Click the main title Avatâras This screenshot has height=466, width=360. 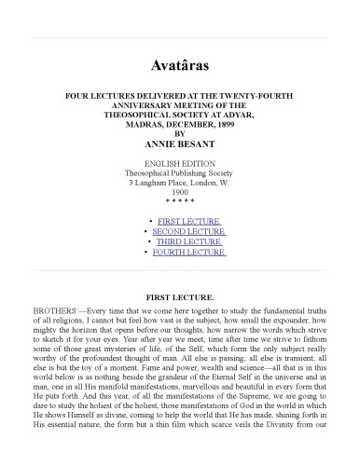tap(180, 67)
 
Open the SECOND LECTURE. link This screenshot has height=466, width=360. tap(193, 230)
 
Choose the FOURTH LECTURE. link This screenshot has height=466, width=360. tap(193, 252)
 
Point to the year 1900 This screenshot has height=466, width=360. tap(180, 191)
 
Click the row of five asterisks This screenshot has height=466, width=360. tap(180, 201)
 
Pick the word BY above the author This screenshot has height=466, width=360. tap(180, 134)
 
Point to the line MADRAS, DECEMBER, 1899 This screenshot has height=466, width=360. tap(180, 124)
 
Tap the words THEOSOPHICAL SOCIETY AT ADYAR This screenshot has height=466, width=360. tap(180, 114)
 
